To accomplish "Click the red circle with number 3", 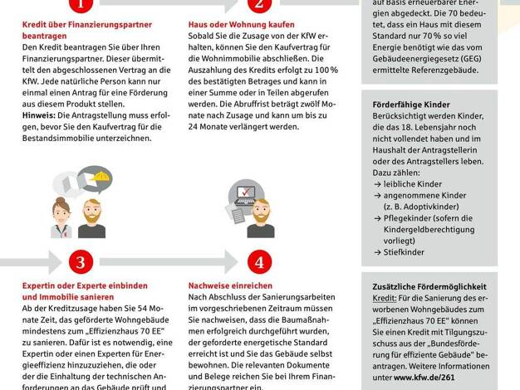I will coord(80,262).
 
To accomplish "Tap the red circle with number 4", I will coord(260,262).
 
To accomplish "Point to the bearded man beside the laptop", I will coord(260,217).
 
